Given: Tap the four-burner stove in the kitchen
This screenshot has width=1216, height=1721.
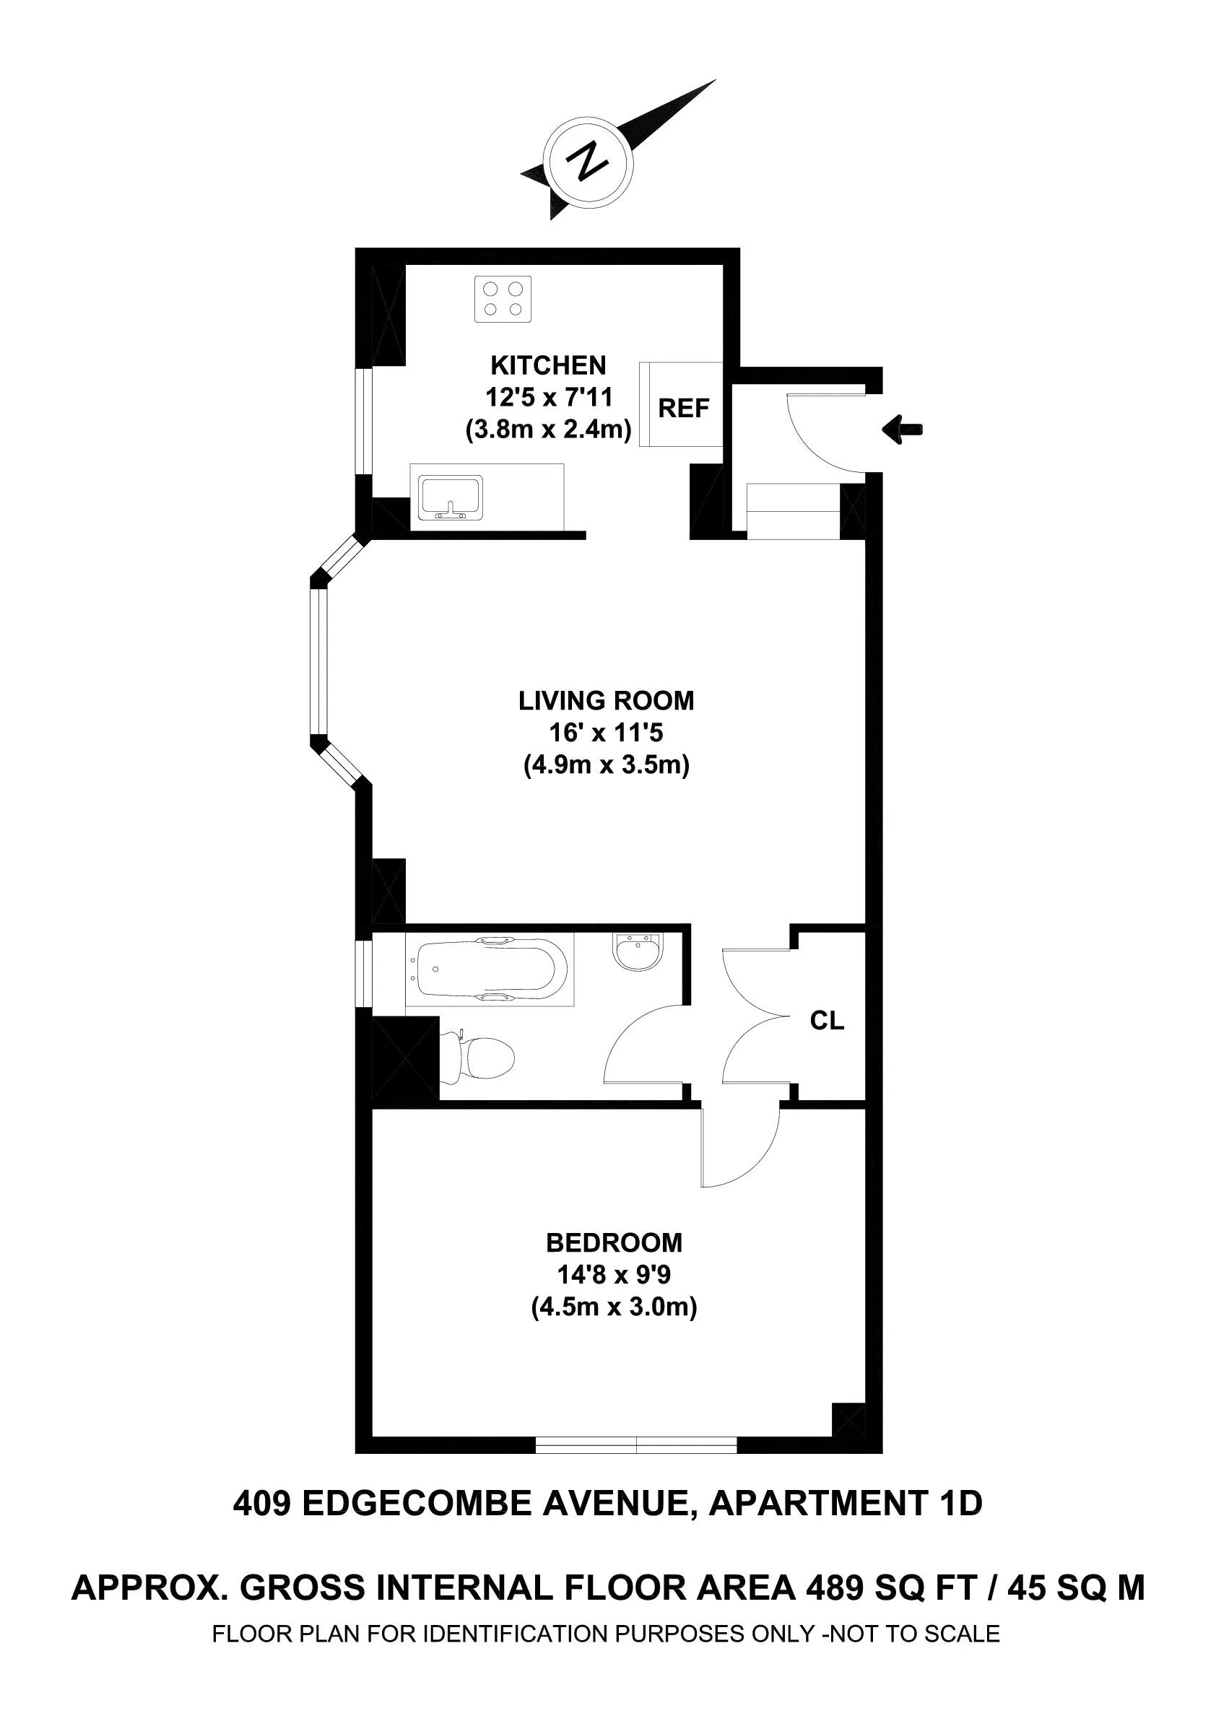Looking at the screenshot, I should (503, 299).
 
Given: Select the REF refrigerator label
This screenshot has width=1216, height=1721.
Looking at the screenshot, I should (683, 409).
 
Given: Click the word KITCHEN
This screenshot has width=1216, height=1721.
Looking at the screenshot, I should (548, 365).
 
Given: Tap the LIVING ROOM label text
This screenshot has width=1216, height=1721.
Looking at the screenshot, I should (606, 701).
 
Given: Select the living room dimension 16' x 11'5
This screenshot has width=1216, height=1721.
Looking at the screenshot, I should (606, 732).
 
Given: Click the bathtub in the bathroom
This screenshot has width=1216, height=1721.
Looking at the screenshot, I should (489, 970).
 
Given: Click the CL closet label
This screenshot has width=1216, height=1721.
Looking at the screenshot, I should (827, 1020).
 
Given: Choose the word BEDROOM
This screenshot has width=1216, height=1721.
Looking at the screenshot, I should (614, 1243).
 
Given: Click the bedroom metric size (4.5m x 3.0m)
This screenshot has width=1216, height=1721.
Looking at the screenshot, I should (614, 1307).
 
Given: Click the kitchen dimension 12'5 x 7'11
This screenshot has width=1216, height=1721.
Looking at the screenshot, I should (548, 397).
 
